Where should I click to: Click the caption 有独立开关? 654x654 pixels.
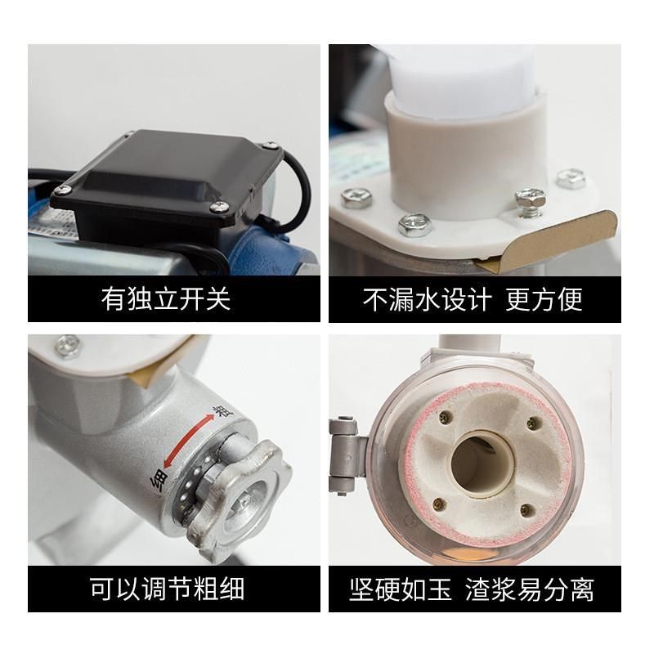click(167, 298)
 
